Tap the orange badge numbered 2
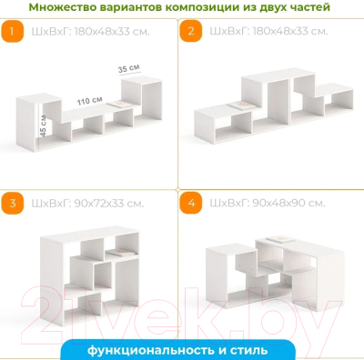192,34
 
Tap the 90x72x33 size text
83,203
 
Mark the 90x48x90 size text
261,203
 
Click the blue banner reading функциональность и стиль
182,349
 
